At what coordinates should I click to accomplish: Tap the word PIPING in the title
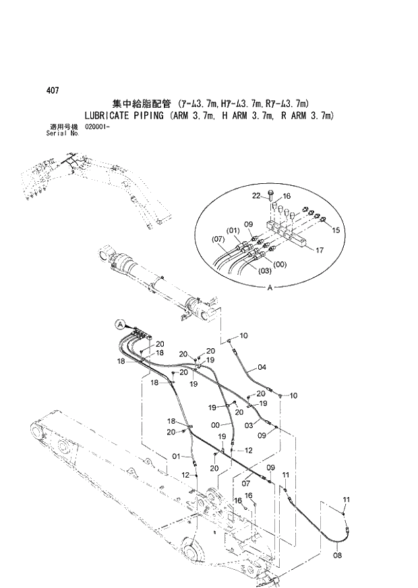point(156,115)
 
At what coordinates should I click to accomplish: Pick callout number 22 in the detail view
point(256,195)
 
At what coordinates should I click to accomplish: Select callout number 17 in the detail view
point(320,250)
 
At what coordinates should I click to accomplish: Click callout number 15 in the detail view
point(334,230)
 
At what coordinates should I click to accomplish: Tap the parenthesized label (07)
point(218,239)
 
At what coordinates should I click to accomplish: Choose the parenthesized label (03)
point(265,271)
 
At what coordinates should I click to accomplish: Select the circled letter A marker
point(119,324)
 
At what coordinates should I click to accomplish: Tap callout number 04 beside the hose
point(262,368)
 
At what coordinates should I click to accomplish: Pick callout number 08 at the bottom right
point(338,556)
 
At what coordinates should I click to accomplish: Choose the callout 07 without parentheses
point(247,482)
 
